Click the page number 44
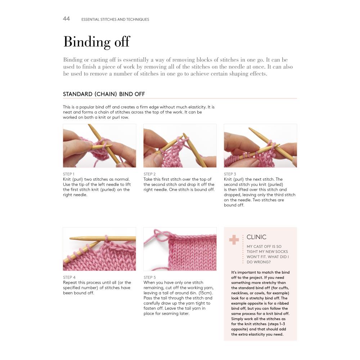[x=66, y=19]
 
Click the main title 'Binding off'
[x=96, y=42]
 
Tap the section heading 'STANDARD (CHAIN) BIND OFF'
[x=104, y=94]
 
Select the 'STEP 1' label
[x=69, y=174]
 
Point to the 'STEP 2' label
[x=149, y=174]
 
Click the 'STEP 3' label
[x=230, y=174]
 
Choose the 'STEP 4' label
[x=69, y=277]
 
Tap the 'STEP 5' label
[x=150, y=277]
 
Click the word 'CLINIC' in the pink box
[x=256, y=237]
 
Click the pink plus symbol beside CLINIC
[x=234, y=240]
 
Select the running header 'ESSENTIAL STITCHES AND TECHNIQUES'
[x=115, y=19]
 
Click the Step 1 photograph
[x=99, y=145]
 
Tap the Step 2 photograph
[x=180, y=145]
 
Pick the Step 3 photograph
[x=260, y=145]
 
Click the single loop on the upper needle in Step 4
[x=106, y=238]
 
